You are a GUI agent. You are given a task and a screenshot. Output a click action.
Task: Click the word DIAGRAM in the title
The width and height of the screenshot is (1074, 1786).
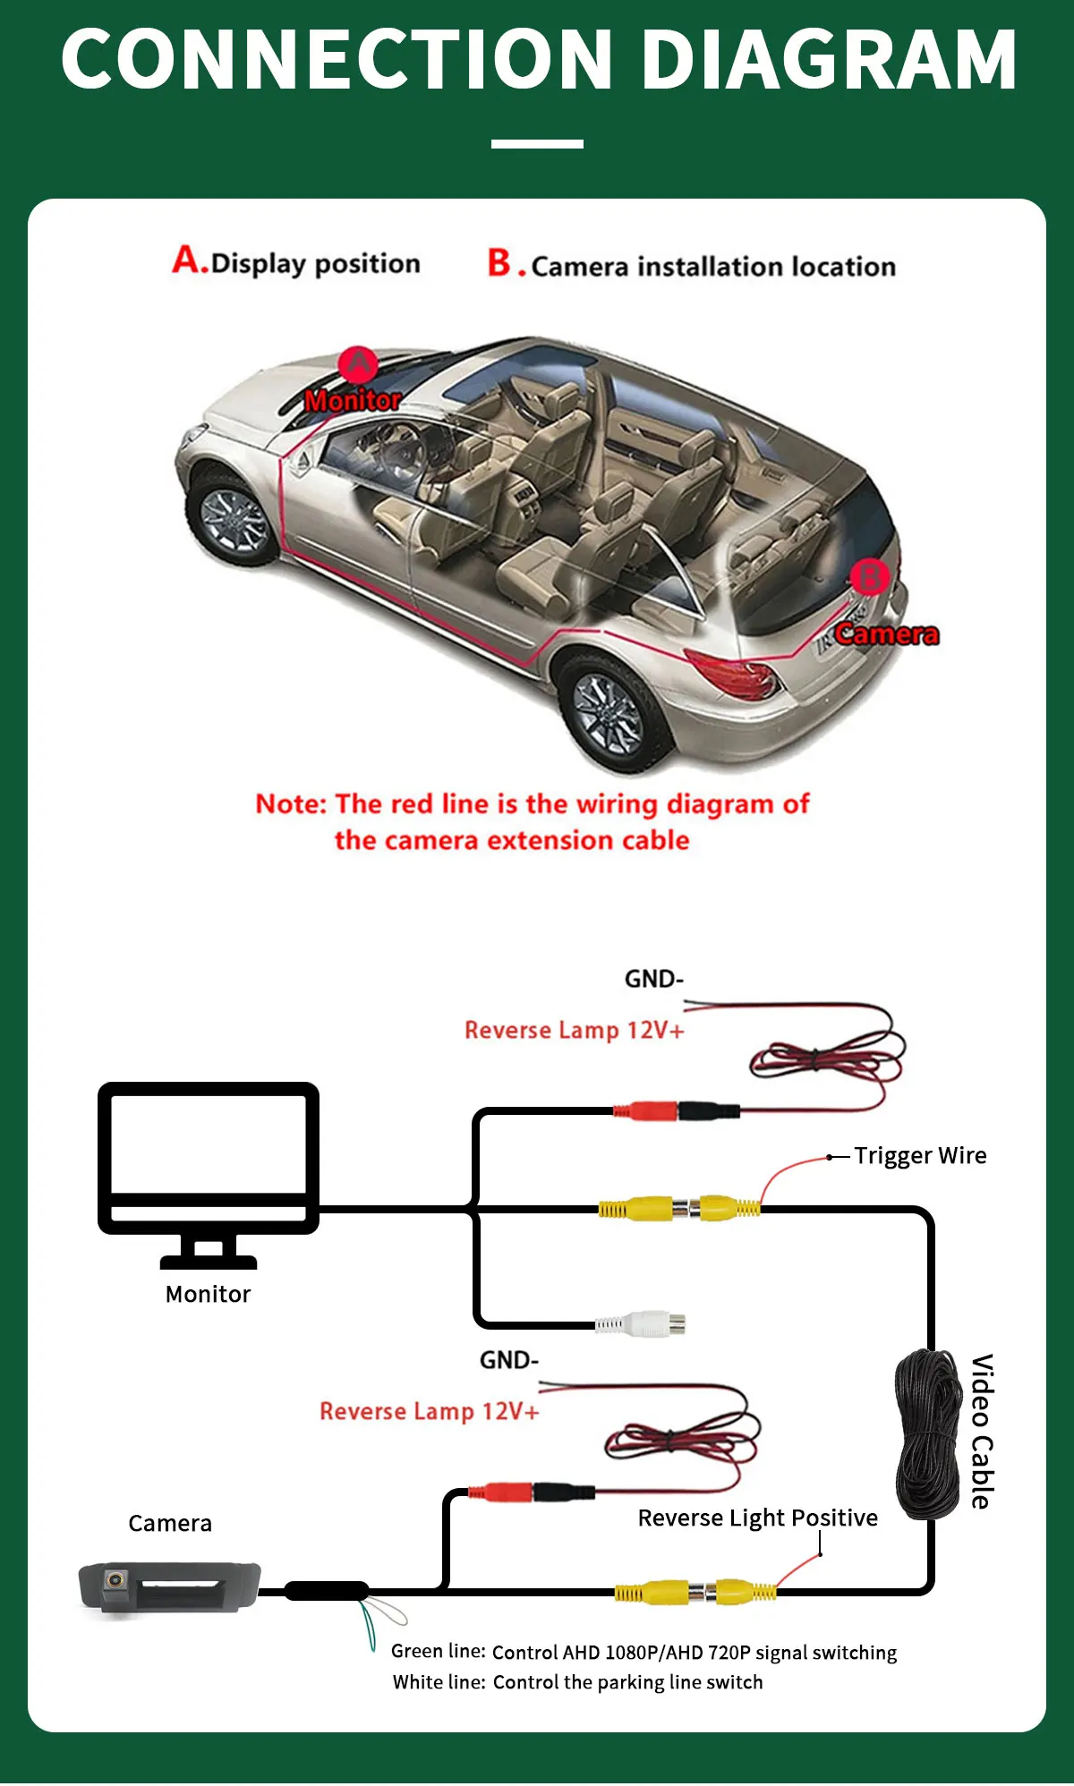point(829,59)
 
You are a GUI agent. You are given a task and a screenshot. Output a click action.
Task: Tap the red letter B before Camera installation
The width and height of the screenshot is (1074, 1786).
point(499,263)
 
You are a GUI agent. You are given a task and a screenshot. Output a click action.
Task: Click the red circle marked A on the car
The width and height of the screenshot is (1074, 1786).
point(358,365)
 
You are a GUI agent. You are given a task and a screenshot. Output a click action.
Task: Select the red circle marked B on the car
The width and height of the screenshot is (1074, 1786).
point(869,577)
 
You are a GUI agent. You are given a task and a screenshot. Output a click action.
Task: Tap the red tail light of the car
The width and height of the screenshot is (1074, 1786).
point(733,673)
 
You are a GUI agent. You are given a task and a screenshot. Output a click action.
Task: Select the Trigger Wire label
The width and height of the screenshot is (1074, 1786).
point(920,1156)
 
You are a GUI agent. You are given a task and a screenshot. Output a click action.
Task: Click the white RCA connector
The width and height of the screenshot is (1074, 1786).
point(641,1323)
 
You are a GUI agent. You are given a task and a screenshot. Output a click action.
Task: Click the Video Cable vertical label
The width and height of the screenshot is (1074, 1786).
point(983,1432)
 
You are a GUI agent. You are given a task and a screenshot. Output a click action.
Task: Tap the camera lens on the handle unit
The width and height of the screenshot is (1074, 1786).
point(115,1580)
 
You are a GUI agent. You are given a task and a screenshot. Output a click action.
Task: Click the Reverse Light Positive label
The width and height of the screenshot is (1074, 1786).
point(757,1518)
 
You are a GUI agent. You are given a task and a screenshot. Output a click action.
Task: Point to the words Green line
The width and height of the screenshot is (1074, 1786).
point(439,1652)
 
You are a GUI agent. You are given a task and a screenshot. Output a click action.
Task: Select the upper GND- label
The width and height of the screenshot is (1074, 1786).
point(654,979)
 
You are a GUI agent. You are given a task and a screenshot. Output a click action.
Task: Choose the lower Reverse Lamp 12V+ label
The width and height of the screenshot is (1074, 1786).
point(430,1411)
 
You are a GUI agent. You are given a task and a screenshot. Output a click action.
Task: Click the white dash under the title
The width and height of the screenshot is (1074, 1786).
point(537,143)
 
